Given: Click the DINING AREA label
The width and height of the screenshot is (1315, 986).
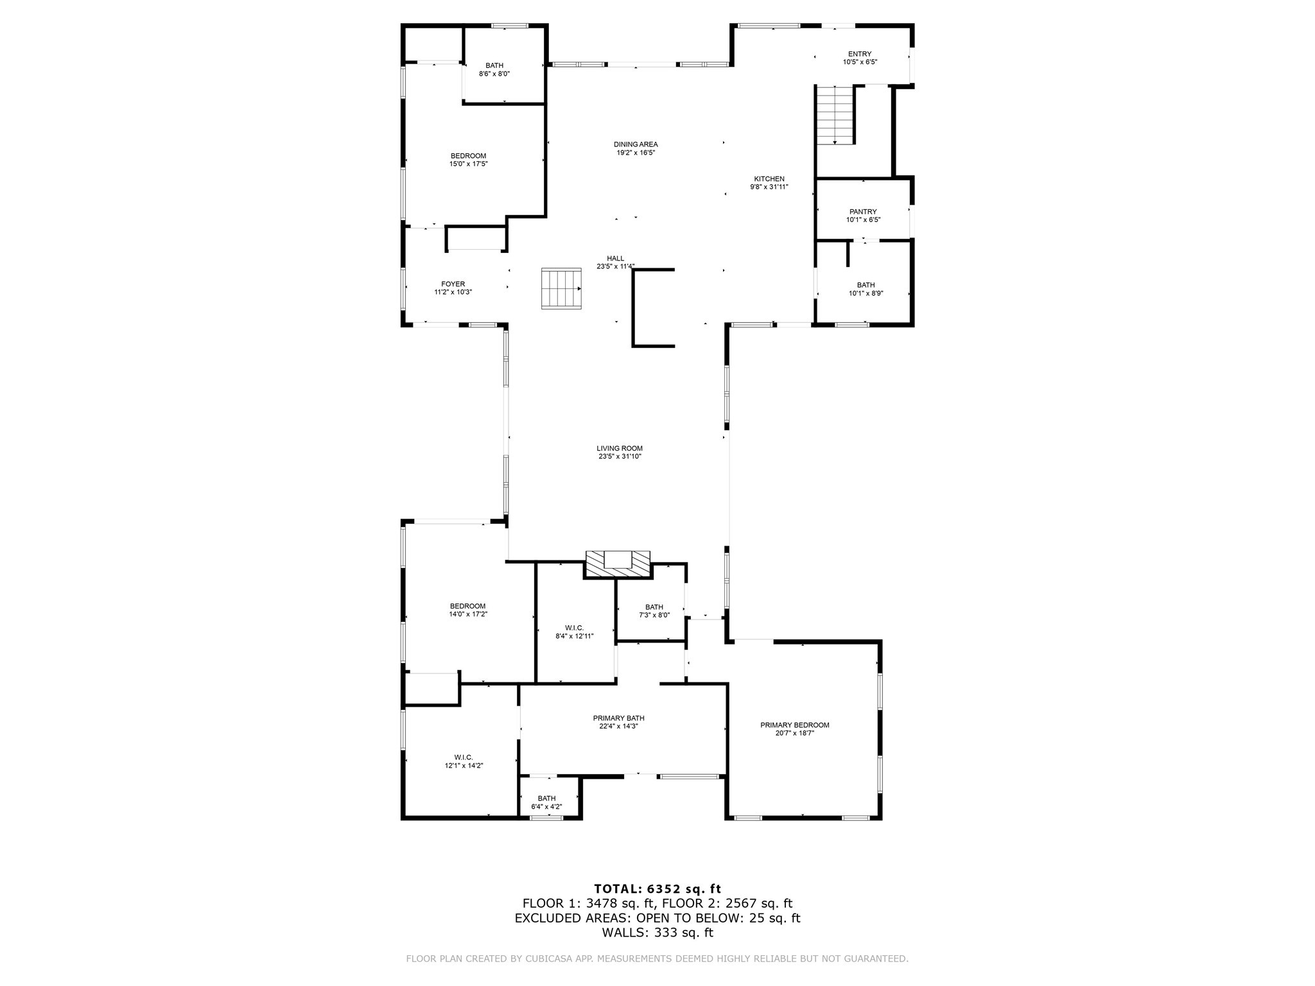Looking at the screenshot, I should pyautogui.click(x=636, y=144).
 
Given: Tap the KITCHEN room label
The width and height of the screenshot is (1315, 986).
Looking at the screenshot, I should pyautogui.click(x=769, y=179).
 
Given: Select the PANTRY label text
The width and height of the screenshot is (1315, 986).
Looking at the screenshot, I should pyautogui.click(x=863, y=212).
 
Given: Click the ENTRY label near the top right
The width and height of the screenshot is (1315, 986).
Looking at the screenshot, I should pyautogui.click(x=860, y=54).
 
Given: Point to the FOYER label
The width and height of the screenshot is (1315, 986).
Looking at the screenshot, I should pyautogui.click(x=453, y=284).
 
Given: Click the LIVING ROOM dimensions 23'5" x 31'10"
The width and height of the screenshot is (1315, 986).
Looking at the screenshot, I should pyautogui.click(x=620, y=456).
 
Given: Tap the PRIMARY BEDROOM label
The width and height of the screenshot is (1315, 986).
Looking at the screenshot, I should pyautogui.click(x=794, y=725).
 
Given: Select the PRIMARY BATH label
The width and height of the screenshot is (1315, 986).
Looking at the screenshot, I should pyautogui.click(x=618, y=718).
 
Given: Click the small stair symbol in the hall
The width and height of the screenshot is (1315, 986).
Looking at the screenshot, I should pyautogui.click(x=561, y=289).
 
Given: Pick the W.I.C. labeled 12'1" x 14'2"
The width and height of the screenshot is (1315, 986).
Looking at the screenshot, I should pyautogui.click(x=464, y=761).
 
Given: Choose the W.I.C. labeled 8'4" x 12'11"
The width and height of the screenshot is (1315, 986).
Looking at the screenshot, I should pyautogui.click(x=574, y=632).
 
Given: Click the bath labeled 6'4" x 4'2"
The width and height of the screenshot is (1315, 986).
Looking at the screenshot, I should pyautogui.click(x=546, y=802).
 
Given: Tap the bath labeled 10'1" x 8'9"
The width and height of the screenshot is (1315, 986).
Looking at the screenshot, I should pyautogui.click(x=866, y=289).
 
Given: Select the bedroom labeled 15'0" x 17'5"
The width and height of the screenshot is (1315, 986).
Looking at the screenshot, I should pyautogui.click(x=468, y=160).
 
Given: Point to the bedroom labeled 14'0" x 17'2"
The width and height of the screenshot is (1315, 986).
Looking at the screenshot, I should pyautogui.click(x=467, y=610).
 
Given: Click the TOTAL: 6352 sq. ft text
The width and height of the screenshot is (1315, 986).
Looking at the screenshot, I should pyautogui.click(x=657, y=889).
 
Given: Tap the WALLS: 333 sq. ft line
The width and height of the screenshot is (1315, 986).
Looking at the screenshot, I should pyautogui.click(x=657, y=933).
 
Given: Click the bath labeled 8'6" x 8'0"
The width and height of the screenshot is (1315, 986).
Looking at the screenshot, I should pyautogui.click(x=494, y=69).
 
